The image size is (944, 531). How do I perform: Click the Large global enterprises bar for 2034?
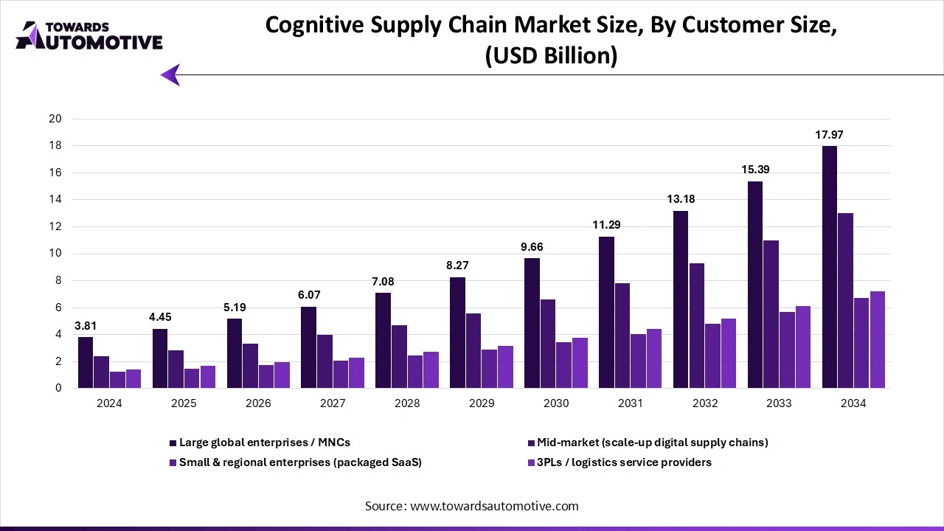pos(830,267)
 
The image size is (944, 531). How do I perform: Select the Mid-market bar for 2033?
pos(771,314)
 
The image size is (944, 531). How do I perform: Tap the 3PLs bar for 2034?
pos(878,340)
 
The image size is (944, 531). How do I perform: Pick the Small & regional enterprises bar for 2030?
pos(564,365)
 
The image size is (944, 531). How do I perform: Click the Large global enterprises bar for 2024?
pos(86,362)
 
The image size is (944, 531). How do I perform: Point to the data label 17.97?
pos(828,135)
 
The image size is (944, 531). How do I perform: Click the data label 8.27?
pos(457,265)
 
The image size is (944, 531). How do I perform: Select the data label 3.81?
pos(86,325)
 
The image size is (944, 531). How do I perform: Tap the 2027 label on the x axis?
pos(333,403)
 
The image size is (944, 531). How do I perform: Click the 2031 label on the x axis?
pos(631,403)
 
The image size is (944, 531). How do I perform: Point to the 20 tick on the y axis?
pos(55,119)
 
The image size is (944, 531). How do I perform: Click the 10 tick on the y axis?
pos(55,254)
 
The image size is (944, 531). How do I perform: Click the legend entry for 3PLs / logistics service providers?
pos(623,462)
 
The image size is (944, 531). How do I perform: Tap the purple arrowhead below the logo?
pos(170,74)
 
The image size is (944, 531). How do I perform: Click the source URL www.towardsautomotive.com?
pos(494,506)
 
